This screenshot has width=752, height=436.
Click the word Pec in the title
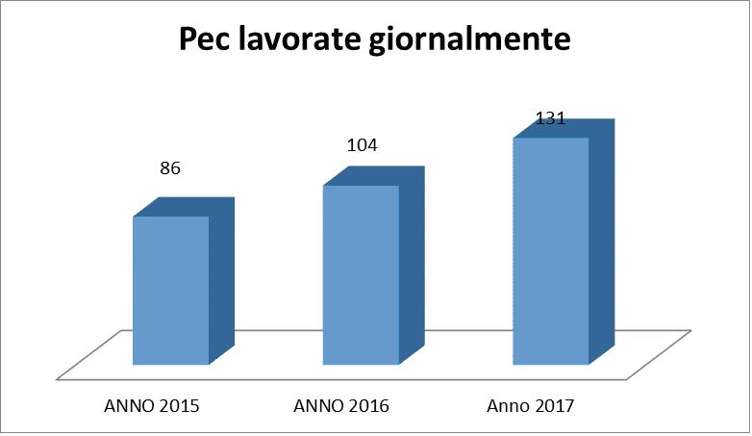[x=208, y=41]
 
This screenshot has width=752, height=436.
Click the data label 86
[x=170, y=168]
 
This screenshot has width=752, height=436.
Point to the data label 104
[x=361, y=145]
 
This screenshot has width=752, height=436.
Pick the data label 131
[x=550, y=119]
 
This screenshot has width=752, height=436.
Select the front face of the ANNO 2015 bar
[x=170, y=291]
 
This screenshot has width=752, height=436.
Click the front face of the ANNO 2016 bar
[x=361, y=275]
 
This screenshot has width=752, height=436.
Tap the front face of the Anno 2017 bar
[x=550, y=251]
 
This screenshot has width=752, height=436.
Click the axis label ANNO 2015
[x=152, y=406]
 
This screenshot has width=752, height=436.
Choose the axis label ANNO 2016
[x=341, y=406]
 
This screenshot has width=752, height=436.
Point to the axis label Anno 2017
[x=531, y=406]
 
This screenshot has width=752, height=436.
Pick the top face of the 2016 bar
[x=374, y=176]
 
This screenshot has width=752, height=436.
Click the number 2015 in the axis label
[x=179, y=406]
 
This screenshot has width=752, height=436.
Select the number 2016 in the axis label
[x=368, y=406]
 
